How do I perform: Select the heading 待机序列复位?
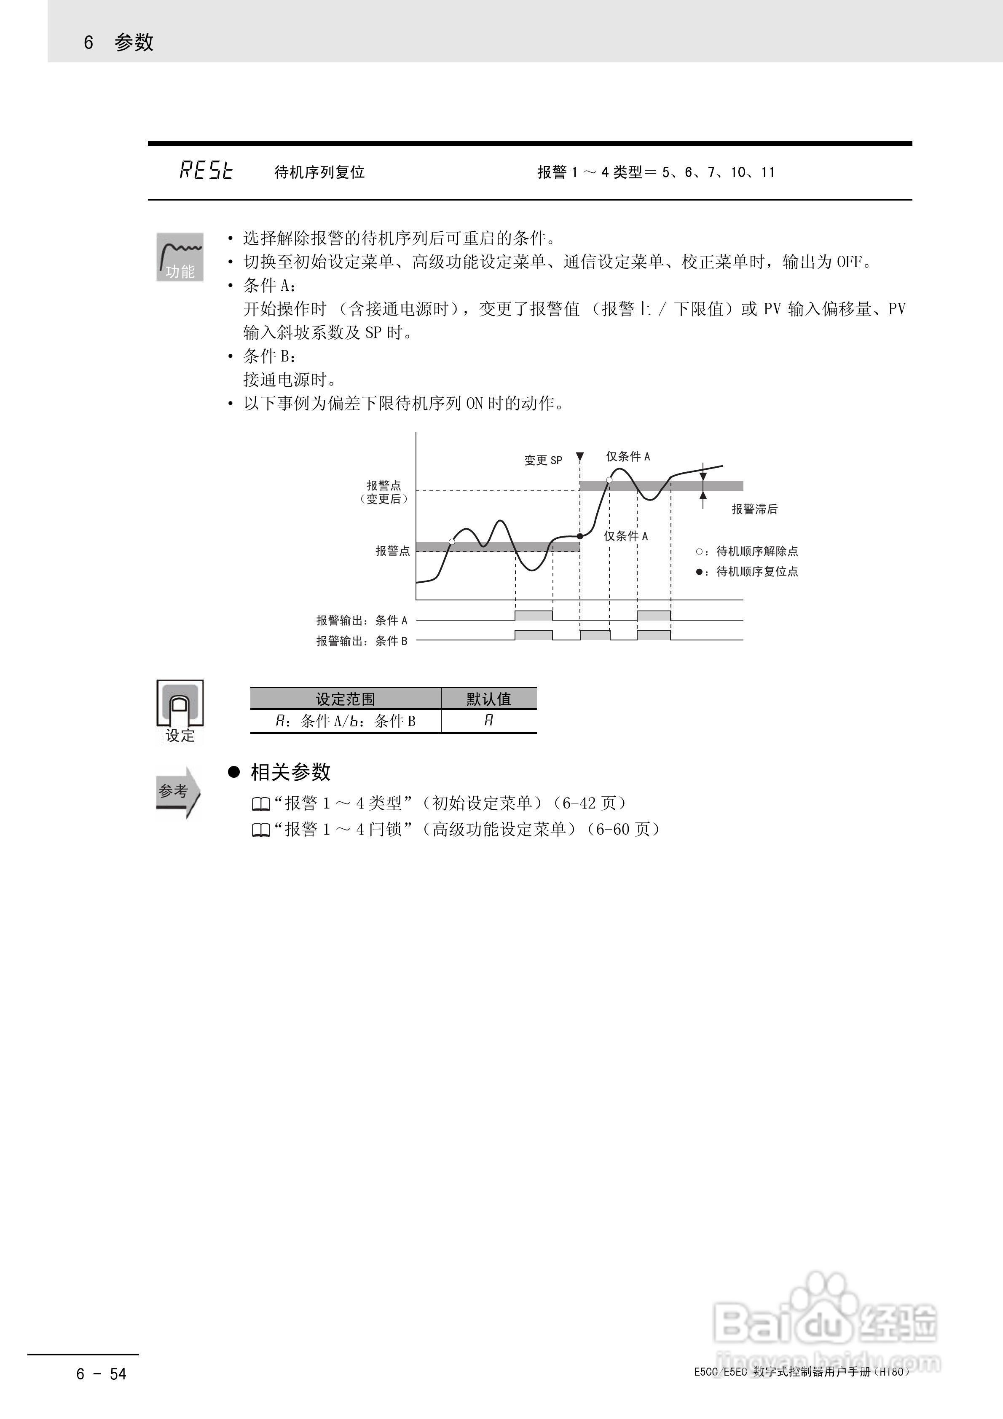319,172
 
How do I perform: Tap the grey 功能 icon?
180,257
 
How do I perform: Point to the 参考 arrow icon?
179,792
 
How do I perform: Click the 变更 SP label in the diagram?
543,461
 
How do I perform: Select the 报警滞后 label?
754,509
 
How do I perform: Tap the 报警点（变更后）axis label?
384,492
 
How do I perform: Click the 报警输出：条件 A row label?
362,620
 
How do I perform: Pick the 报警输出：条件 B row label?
362,641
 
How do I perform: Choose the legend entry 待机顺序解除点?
757,551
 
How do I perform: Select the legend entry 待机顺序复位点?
757,572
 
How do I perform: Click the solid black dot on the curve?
580,536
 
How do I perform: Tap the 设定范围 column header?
345,699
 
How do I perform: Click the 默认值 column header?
488,699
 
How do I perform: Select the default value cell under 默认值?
488,720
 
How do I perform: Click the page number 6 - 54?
102,1374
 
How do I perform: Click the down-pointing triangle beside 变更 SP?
580,458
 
